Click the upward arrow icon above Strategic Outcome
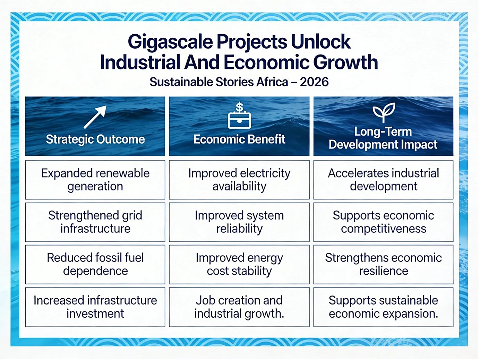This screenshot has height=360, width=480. click(95, 117)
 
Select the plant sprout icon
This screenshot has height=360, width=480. click(384, 112)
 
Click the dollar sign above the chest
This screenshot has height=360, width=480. click(239, 107)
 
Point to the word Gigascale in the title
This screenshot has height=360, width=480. click(170, 42)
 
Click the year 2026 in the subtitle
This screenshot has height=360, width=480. click(314, 82)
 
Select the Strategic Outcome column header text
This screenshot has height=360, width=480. click(95, 139)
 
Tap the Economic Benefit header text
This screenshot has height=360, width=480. click(239, 139)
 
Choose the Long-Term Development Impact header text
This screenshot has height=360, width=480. click(383, 138)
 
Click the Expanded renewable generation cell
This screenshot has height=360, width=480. click(95, 180)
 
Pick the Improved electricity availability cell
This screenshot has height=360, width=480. click(239, 180)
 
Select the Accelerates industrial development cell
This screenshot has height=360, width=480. click(383, 180)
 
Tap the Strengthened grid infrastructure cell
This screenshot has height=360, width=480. click(95, 222)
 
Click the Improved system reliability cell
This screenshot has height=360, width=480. click(239, 222)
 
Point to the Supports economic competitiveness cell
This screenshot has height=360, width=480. click(383, 222)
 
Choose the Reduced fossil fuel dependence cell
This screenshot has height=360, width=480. click(95, 265)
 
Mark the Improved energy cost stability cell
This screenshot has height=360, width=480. click(239, 265)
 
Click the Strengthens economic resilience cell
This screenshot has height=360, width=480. click(383, 265)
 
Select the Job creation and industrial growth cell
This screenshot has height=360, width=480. click(239, 307)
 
